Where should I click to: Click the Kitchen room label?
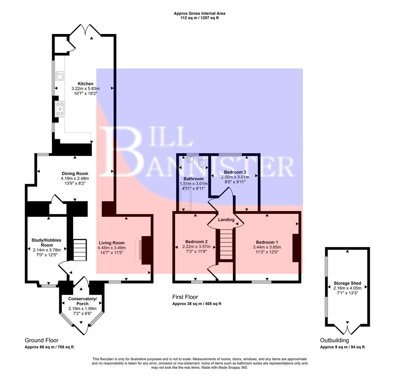(x=85, y=84)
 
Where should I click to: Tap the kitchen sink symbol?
(x=59, y=75)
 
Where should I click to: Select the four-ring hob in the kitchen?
(x=60, y=108)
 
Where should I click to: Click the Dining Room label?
(x=75, y=174)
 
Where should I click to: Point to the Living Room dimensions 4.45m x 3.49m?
(x=112, y=248)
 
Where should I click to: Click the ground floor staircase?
(x=80, y=250)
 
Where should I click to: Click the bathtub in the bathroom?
(x=186, y=201)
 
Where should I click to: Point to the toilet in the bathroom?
(x=202, y=161)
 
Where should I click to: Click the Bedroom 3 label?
(x=235, y=172)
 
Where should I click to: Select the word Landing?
(x=226, y=219)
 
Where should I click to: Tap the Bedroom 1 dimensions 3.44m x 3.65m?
(x=267, y=247)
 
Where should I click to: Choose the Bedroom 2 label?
(x=196, y=242)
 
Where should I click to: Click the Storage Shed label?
(x=347, y=283)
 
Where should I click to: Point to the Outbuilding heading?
(x=334, y=340)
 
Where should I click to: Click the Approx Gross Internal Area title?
(x=199, y=14)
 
